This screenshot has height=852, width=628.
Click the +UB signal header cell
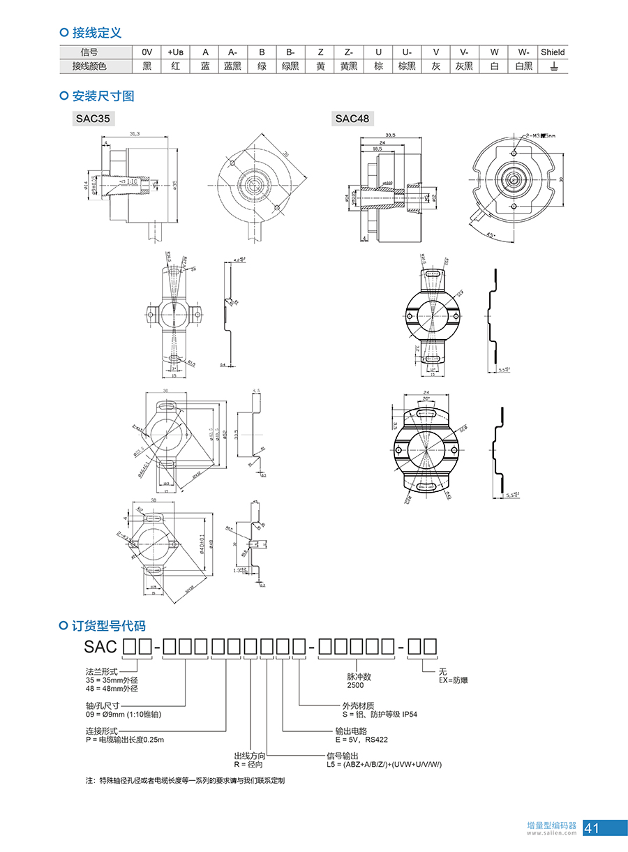click(x=175, y=52)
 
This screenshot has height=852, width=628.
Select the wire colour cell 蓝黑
click(x=232, y=66)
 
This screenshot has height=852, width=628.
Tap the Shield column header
click(x=553, y=52)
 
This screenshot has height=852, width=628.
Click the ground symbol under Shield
click(x=553, y=66)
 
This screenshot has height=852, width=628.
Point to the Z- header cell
click(x=348, y=52)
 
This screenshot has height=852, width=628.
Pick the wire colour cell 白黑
click(x=523, y=66)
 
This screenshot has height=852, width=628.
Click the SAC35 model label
click(x=93, y=119)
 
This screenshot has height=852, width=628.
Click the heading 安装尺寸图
click(x=103, y=96)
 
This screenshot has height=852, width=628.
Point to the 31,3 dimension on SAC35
click(x=135, y=133)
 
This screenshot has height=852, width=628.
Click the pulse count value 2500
click(x=355, y=686)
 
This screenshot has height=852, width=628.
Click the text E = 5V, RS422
click(x=361, y=740)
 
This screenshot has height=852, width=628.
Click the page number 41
click(x=592, y=828)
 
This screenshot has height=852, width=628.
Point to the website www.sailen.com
click(x=553, y=832)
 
